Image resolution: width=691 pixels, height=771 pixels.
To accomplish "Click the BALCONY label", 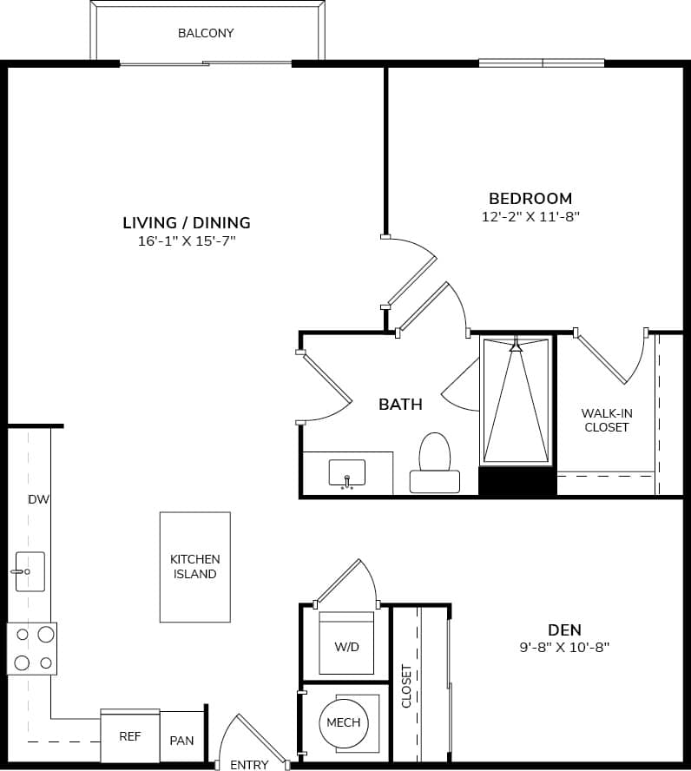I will click(206, 33).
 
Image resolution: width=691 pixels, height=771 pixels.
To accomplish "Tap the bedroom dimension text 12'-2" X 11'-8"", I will click(530, 217).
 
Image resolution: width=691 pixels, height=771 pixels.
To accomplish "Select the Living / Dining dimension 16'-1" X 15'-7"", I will click(187, 241).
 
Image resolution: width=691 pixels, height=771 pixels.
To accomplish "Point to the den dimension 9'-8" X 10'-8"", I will click(564, 648).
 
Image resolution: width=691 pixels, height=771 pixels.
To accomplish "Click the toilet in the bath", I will click(434, 465).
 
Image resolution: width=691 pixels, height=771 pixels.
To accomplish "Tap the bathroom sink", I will click(346, 474).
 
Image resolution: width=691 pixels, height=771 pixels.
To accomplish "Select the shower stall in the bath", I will click(517, 399).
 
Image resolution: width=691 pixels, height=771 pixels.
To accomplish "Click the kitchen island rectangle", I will click(195, 566).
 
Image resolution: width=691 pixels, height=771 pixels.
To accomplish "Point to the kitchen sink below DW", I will click(30, 571).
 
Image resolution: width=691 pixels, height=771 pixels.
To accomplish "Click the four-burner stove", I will click(31, 649).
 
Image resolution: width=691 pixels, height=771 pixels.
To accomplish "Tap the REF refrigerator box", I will click(130, 736).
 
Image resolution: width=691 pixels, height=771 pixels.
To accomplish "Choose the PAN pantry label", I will click(182, 741).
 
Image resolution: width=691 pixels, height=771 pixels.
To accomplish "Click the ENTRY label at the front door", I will click(249, 765).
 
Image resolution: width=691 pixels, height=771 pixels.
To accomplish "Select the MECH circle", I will click(344, 723).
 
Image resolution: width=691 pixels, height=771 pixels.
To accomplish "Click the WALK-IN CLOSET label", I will click(606, 420).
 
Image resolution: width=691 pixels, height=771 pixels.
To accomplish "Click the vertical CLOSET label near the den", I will click(406, 686).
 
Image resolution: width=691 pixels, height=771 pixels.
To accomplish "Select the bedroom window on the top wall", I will click(542, 63).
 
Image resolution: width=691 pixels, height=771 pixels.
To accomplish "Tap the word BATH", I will click(400, 404).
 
